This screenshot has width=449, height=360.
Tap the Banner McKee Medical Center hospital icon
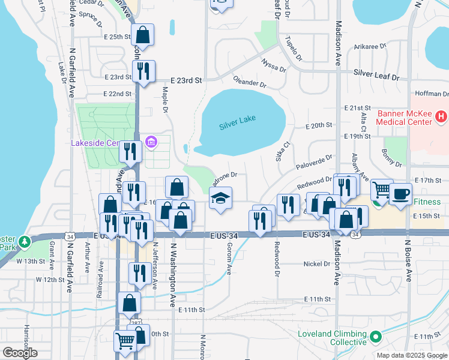pos(441,116)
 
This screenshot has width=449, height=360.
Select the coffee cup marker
pos(400,194)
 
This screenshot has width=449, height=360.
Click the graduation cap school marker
pos(220,198)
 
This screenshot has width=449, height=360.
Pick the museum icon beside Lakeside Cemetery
pos(151,142)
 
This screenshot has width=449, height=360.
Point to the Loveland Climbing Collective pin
pos(376,337)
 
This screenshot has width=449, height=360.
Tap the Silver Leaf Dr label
pos(376,75)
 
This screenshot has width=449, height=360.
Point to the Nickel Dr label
pos(317,263)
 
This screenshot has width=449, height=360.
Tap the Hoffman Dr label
pos(432,94)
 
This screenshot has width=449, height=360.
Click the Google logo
pos(20,353)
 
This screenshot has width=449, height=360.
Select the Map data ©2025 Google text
pos(411,355)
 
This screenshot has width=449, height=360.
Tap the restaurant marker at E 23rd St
pos(143,71)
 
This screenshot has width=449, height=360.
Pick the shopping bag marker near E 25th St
pos(142,34)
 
